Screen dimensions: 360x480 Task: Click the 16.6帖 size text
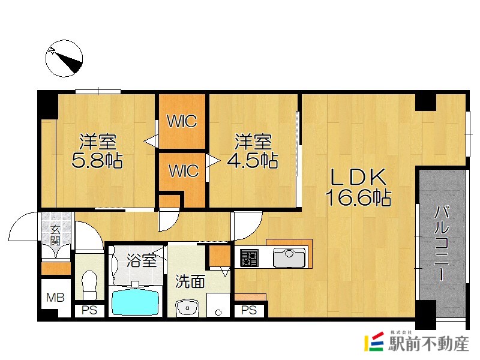pos(358,197)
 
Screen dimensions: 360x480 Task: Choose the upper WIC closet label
pos(182,122)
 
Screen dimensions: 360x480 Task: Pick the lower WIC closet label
pos(182,171)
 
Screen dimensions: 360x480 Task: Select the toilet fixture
pos(89,284)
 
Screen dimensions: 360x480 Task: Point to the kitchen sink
pos(289,259)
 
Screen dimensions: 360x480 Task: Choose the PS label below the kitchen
pos(249,311)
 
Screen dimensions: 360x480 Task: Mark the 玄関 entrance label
pos(55,236)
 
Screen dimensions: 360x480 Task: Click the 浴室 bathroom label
pos(142,261)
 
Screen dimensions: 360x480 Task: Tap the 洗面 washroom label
pos(190,281)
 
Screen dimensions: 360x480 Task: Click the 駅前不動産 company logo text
pos(428,344)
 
